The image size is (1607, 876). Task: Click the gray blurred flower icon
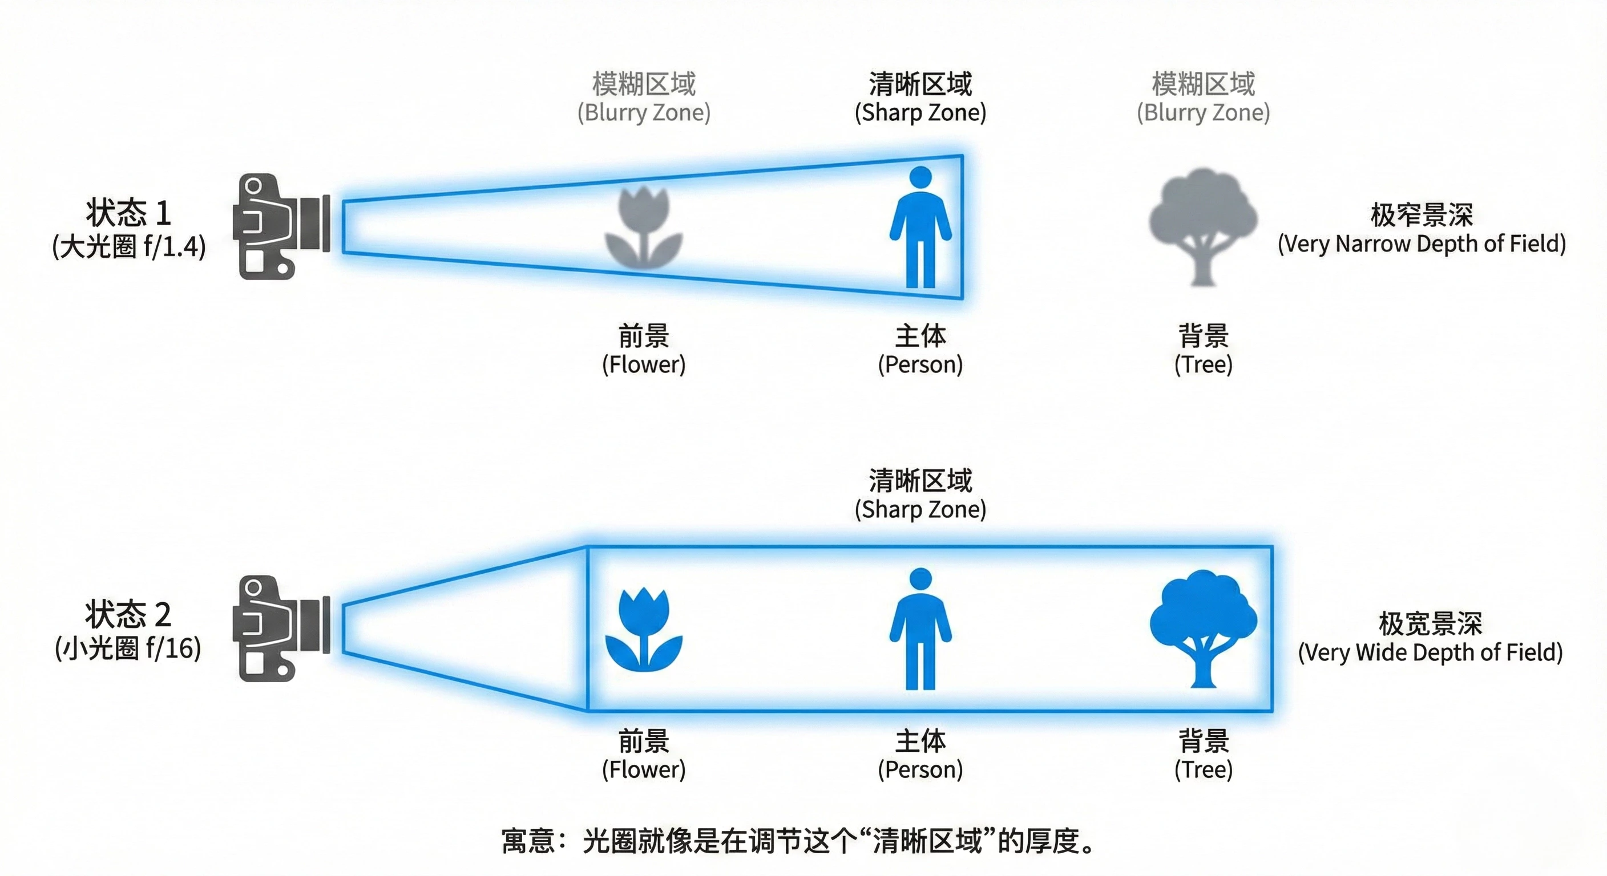(643, 228)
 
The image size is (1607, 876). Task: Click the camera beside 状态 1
(281, 226)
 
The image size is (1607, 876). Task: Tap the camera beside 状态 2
(281, 628)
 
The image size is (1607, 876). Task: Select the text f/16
(170, 648)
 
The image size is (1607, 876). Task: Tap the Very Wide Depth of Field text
(1430, 653)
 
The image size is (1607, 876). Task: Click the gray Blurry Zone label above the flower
(643, 113)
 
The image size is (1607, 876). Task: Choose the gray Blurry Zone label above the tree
(1203, 113)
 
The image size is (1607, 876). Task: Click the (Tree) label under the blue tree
(1203, 769)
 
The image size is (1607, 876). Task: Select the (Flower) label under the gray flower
(643, 364)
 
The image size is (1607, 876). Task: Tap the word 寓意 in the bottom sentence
(528, 841)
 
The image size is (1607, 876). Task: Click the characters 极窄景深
(1421, 215)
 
